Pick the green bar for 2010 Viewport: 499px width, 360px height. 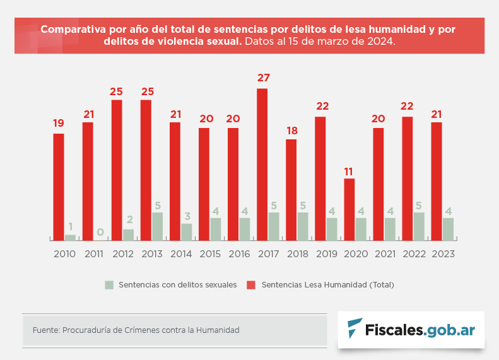coord(70,237)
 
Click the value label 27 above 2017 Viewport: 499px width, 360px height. coord(263,78)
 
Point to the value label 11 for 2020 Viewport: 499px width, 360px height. coord(349,171)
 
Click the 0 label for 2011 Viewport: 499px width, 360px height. coord(100,232)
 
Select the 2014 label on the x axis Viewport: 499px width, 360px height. coord(180,254)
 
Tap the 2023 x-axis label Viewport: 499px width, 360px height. coord(442,254)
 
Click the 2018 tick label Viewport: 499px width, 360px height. coord(296,254)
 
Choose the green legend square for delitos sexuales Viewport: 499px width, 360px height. coord(109,285)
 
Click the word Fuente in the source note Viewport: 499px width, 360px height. coord(45,330)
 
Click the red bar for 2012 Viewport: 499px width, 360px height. coord(117,170)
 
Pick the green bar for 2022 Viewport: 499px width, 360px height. coord(419,226)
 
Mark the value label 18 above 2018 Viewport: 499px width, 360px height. coord(291,131)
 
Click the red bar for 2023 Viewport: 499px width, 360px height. coord(436,181)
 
